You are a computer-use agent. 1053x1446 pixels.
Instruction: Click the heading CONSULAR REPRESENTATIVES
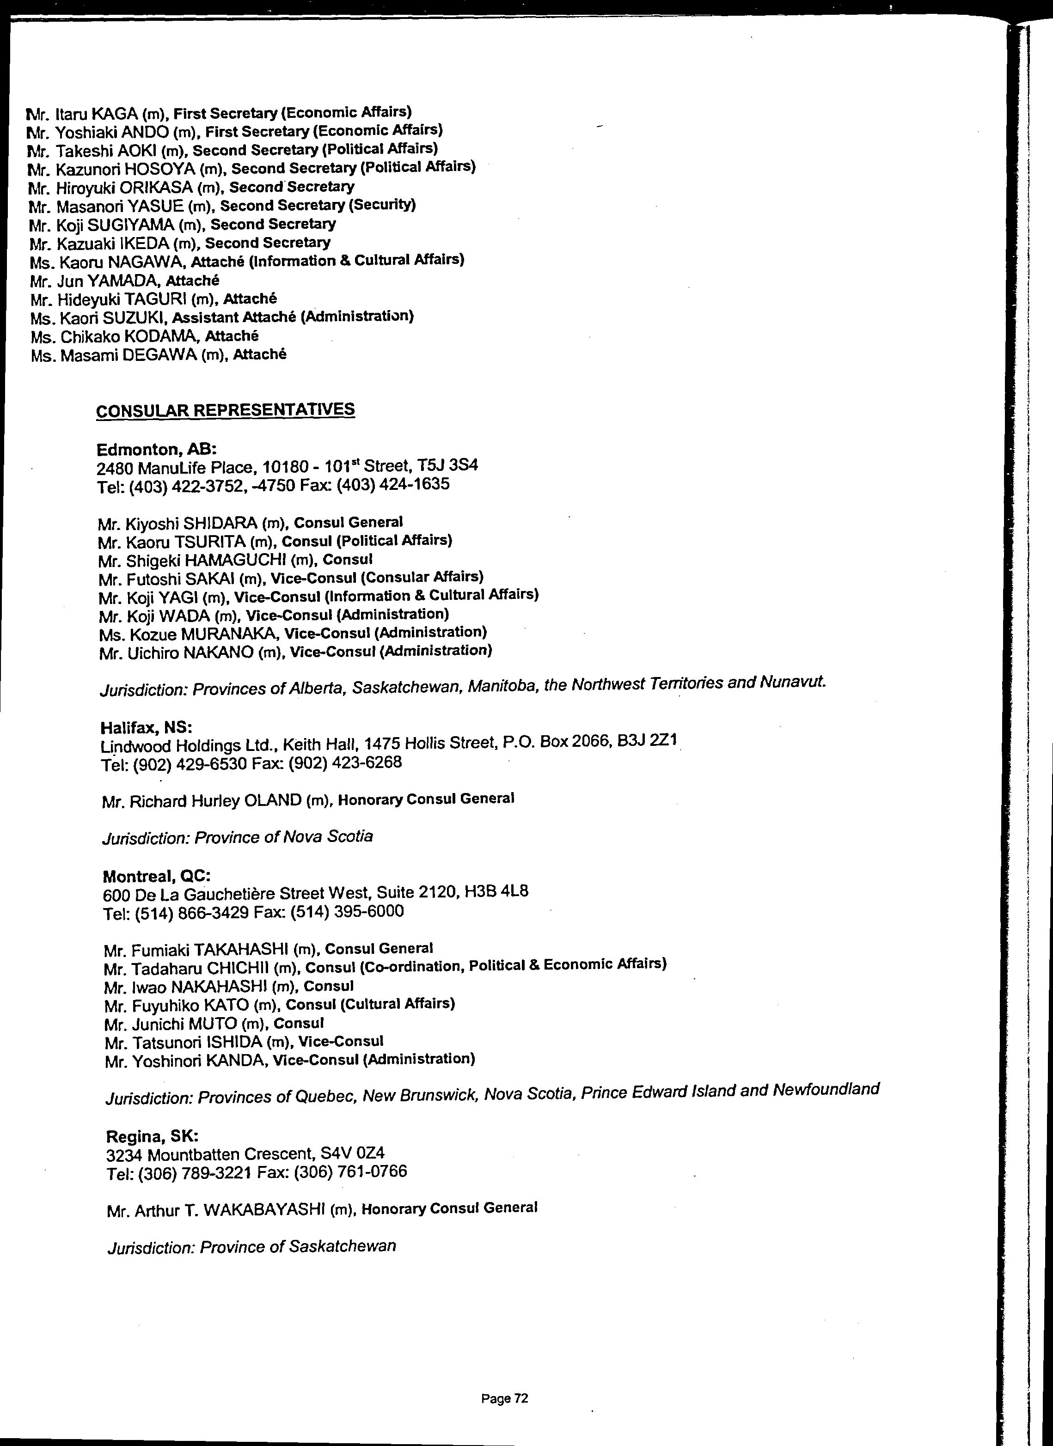[225, 409]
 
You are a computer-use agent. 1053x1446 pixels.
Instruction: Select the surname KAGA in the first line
[115, 114]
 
